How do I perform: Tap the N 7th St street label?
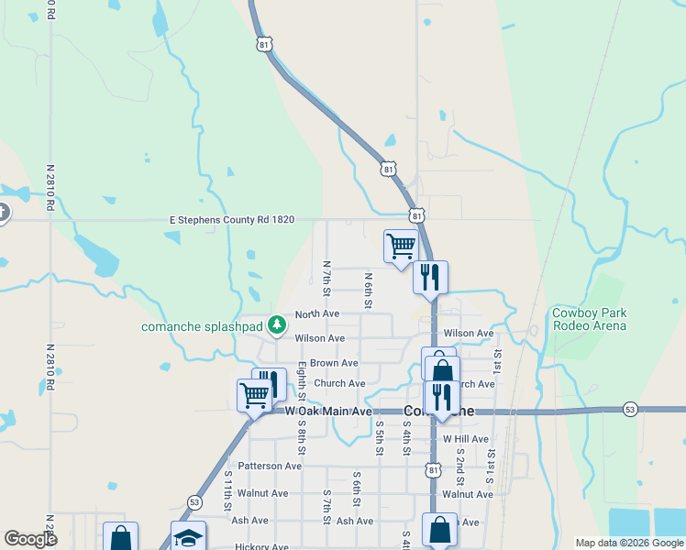[326, 278]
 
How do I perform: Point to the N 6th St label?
[367, 289]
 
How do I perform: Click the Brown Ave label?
[334, 364]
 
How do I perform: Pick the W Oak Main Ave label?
[328, 412]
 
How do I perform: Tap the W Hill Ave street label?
[466, 440]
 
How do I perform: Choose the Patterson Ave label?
[270, 466]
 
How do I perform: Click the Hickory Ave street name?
[263, 546]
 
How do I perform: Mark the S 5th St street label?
[379, 437]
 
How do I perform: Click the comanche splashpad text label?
[202, 327]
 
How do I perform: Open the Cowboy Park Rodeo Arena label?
[590, 319]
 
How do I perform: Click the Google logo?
[30, 539]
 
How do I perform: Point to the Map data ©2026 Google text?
[628, 543]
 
